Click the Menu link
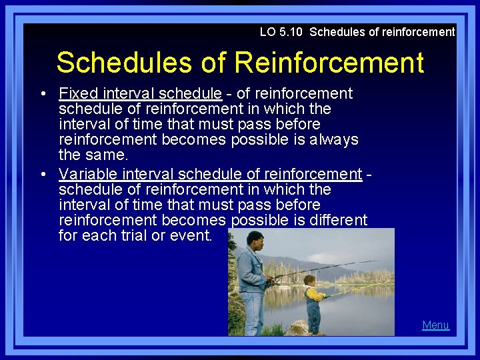click(x=435, y=325)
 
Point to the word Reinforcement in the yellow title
click(x=329, y=63)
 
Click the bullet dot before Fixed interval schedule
click(x=43, y=94)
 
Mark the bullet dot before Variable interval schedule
click(x=43, y=175)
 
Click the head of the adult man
click(x=254, y=239)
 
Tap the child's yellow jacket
click(x=313, y=293)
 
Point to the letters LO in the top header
click(x=267, y=31)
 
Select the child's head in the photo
click(x=310, y=279)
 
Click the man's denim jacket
click(x=253, y=270)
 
